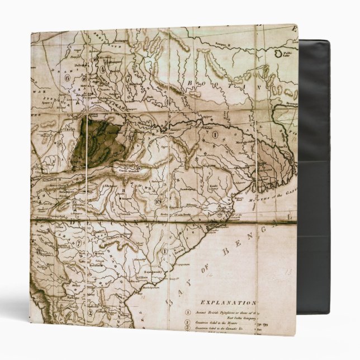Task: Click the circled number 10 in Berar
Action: click(x=158, y=201)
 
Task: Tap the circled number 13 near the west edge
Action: click(x=38, y=251)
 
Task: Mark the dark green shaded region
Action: click(x=97, y=143)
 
